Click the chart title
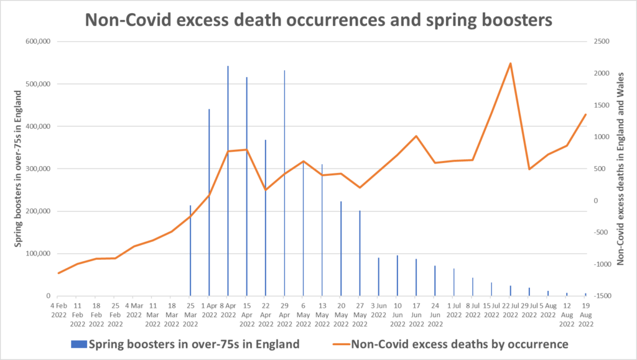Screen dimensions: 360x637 (318, 19)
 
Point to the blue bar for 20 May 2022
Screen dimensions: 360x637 (341, 249)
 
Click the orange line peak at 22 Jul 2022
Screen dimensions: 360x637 (510, 63)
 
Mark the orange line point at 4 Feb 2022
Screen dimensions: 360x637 (58, 273)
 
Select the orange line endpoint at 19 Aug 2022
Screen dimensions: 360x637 (585, 114)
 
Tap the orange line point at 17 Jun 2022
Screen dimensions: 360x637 (416, 136)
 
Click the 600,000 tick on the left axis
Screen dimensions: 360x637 (39, 42)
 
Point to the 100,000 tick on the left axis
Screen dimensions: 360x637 (39, 254)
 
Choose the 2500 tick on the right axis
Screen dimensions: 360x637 (602, 42)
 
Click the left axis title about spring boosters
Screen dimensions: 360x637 (20, 168)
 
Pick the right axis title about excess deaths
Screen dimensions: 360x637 (620, 168)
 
